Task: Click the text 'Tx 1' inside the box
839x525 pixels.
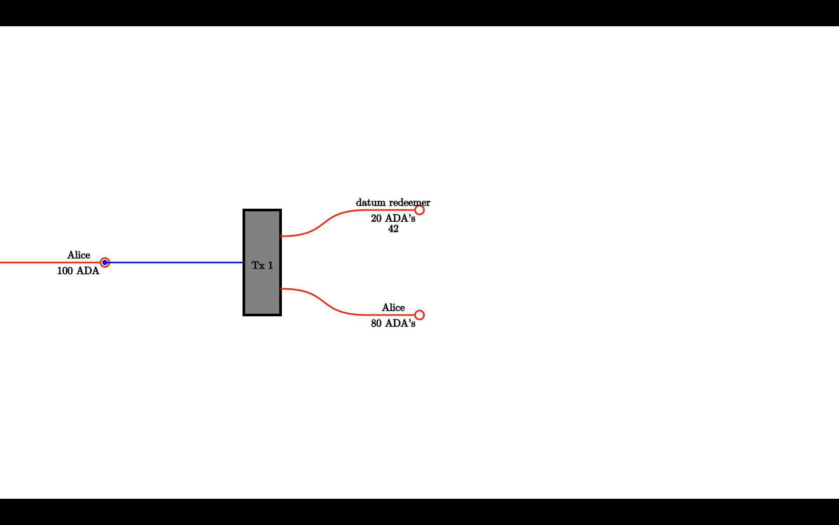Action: tap(262, 266)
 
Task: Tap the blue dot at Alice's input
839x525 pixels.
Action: tap(105, 262)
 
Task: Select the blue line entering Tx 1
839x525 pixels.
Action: tap(175, 262)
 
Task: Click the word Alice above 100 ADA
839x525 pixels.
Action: tap(79, 255)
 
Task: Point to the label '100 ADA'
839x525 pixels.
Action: tap(78, 271)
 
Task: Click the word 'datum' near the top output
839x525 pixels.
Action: tap(371, 203)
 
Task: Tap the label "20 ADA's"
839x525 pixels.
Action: tap(393, 218)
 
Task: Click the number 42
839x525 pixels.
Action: tap(393, 229)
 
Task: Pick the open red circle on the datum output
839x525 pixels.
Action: tap(419, 210)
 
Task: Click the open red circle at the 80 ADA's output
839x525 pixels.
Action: tap(419, 315)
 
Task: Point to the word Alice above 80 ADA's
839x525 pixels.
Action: tap(393, 308)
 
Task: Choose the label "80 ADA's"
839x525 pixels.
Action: tap(393, 323)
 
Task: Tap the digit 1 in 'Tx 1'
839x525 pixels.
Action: tap(270, 266)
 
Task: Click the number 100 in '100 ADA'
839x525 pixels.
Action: tap(65, 271)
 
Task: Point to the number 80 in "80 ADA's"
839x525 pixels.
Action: tap(376, 323)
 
